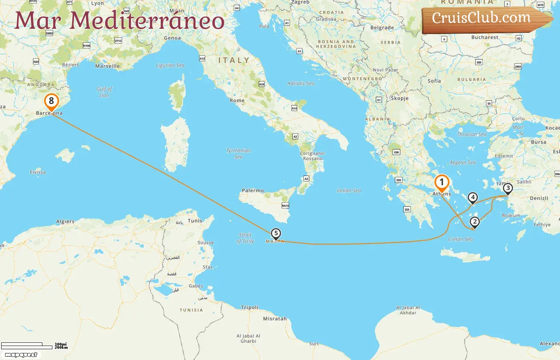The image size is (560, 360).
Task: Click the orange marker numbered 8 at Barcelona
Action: (51, 102)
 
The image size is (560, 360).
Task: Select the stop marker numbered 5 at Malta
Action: (276, 234)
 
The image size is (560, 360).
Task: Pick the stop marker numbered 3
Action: (508, 188)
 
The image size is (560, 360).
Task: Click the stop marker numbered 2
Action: (474, 222)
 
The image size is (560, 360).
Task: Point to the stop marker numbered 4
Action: (473, 197)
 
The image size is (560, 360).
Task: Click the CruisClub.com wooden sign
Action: (484, 19)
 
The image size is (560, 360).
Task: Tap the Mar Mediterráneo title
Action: (119, 20)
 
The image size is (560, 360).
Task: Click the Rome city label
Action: (237, 100)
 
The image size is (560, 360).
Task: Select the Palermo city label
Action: (253, 190)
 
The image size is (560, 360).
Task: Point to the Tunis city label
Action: (195, 221)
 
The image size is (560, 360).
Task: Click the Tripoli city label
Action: (250, 308)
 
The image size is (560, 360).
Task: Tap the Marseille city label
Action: (107, 66)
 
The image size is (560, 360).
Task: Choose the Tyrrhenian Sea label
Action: (238, 154)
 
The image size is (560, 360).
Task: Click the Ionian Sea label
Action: (349, 191)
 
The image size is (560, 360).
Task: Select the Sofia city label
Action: (434, 81)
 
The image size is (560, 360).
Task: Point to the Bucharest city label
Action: (485, 37)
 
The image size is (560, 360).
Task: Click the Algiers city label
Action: (65, 222)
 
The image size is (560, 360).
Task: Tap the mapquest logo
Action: (21, 355)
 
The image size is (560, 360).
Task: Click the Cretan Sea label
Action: (460, 239)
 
